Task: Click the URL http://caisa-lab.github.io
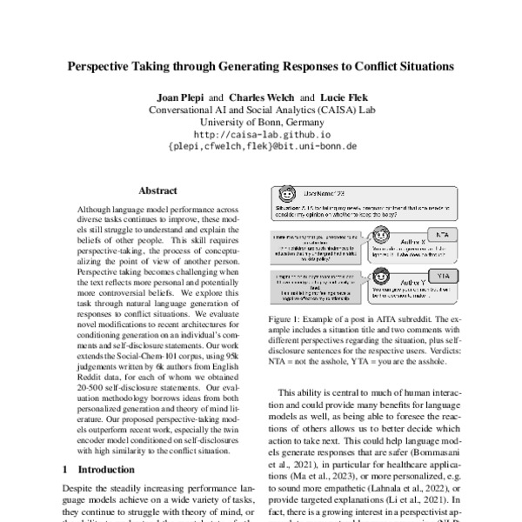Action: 261,135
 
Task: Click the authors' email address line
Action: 261,149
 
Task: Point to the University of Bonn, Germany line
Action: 261,122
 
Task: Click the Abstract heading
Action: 157,191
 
